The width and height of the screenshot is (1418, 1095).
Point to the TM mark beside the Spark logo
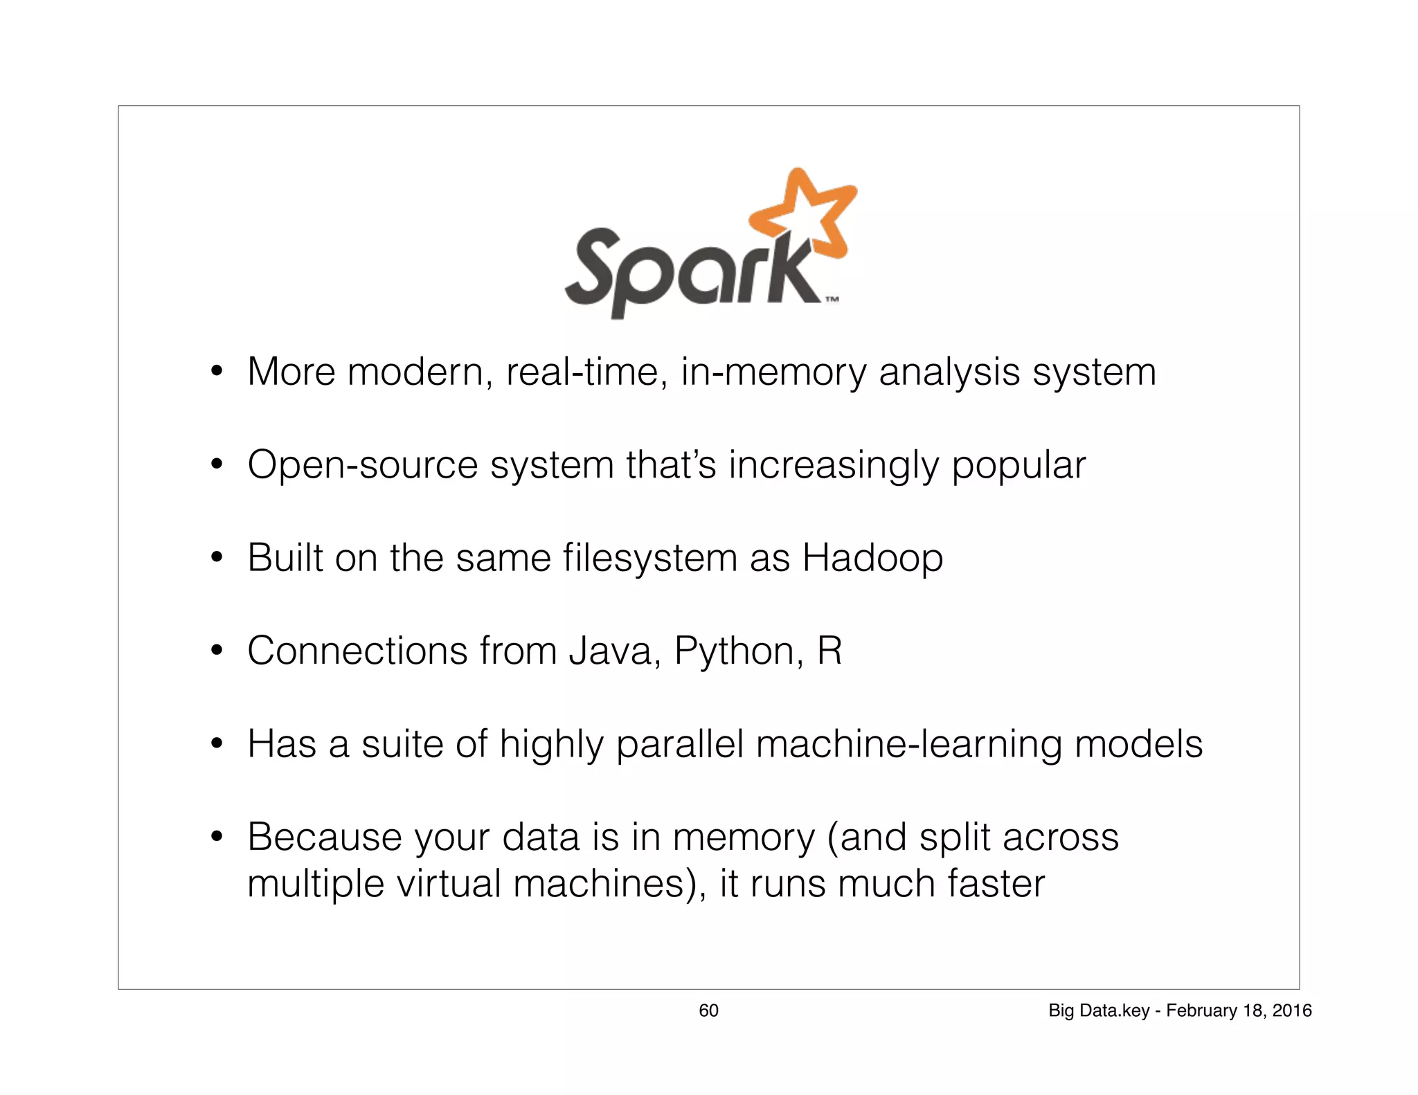click(x=832, y=300)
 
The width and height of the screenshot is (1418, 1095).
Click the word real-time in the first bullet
click(x=586, y=372)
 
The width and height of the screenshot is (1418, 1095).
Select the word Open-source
click(x=362, y=464)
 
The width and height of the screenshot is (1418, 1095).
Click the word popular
click(x=1018, y=466)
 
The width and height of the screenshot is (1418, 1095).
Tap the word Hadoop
click(x=872, y=558)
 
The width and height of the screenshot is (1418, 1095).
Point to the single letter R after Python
click(x=829, y=651)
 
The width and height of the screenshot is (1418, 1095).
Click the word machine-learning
click(x=908, y=745)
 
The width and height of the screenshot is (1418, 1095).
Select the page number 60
click(x=708, y=1011)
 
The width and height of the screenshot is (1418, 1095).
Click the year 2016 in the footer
click(x=1292, y=1011)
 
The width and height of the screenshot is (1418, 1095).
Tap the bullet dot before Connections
click(x=217, y=651)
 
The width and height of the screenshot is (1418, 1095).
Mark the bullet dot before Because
click(x=217, y=837)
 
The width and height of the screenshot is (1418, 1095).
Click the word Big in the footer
click(x=1061, y=1011)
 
